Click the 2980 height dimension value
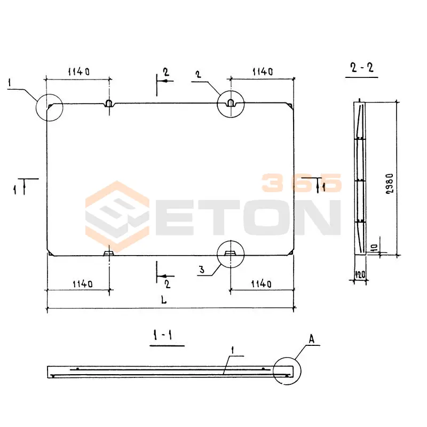(x=390, y=184)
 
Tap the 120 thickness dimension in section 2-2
(x=360, y=274)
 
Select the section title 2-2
(x=362, y=67)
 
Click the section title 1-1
(x=163, y=335)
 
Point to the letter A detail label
(x=312, y=339)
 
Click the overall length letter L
(x=164, y=300)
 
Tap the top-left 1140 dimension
(x=78, y=72)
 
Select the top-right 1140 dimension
(x=263, y=72)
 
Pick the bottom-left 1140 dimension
(x=83, y=284)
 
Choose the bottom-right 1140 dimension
(x=261, y=284)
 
